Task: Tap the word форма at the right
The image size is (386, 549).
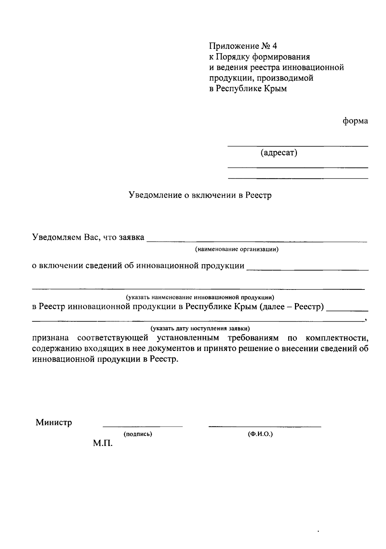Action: (355, 121)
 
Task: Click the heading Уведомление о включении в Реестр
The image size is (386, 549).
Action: (200, 195)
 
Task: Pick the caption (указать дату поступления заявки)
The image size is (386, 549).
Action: (200, 328)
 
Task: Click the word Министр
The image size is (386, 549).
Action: (54, 422)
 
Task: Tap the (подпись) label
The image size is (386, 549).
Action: (138, 434)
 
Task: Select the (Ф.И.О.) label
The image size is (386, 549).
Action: (260, 434)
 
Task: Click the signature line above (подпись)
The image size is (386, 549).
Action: (142, 427)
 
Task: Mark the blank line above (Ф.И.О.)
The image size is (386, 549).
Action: (265, 427)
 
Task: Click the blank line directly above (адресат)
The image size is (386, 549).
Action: (298, 147)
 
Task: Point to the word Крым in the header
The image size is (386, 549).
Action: (275, 89)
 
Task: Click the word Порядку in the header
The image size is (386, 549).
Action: (232, 57)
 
